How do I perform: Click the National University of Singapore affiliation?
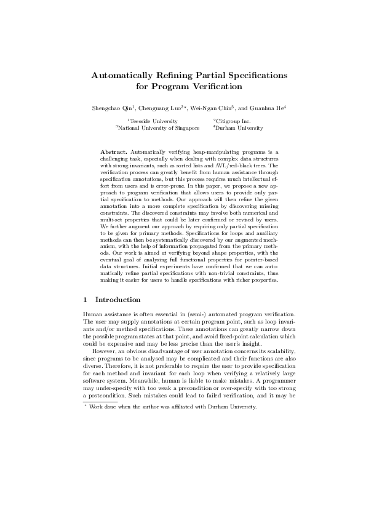[x=159, y=128]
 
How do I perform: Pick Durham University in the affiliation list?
[x=239, y=128]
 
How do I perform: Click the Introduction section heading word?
[x=118, y=300]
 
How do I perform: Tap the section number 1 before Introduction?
[x=85, y=300]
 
